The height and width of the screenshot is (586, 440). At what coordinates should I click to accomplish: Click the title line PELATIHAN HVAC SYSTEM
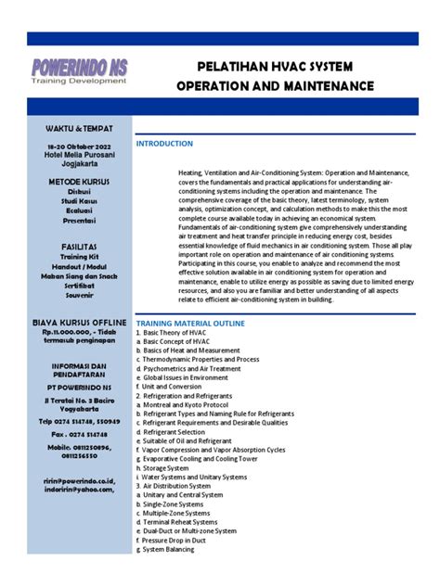tap(272, 67)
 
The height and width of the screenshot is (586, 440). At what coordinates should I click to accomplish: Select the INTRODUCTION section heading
tap(164, 144)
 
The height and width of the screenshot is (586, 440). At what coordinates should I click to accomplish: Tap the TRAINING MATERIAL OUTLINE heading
tap(190, 322)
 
